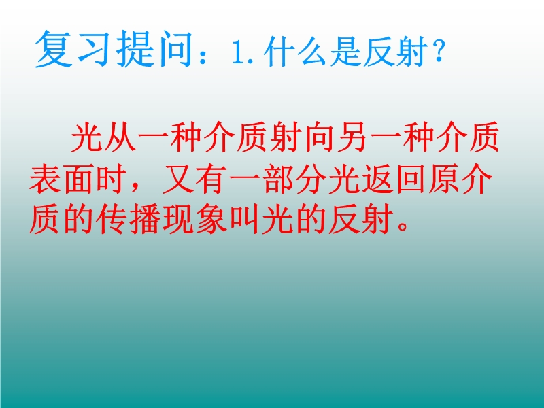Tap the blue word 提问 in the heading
154,48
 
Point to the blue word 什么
294,53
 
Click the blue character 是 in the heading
345,53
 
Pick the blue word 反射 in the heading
394,53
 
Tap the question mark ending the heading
438,53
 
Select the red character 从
120,137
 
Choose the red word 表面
62,180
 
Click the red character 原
444,180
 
